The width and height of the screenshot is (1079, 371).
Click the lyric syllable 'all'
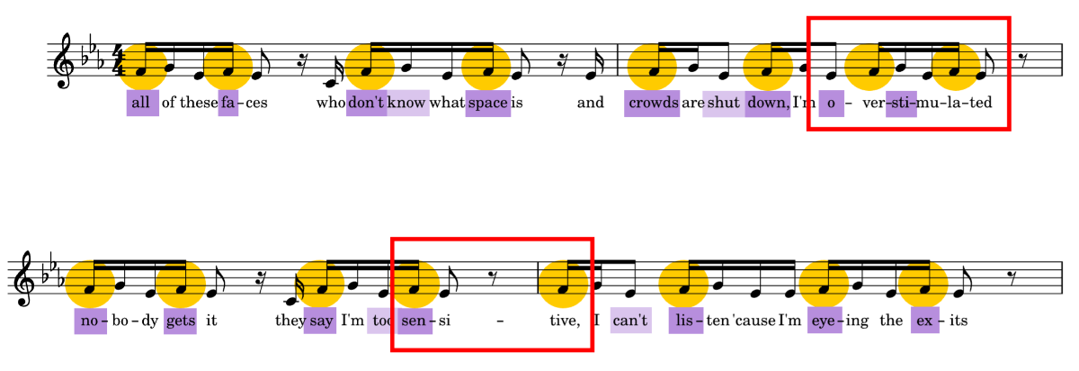(x=142, y=103)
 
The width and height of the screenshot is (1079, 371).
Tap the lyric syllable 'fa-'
(x=228, y=103)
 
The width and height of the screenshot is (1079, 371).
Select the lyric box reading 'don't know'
(x=388, y=103)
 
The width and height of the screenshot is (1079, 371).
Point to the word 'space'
(x=488, y=103)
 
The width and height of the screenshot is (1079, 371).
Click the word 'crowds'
(x=653, y=103)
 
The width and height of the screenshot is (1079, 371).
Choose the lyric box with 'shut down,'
(x=747, y=103)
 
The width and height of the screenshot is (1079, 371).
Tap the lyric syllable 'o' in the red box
(x=831, y=103)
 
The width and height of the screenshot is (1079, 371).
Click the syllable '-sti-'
(x=901, y=103)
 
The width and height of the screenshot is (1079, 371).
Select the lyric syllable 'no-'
(x=91, y=321)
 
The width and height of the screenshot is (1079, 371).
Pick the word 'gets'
(x=180, y=321)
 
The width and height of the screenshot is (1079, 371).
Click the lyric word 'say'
(x=320, y=321)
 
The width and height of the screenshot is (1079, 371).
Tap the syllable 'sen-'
(x=414, y=321)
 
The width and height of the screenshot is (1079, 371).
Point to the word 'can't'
(x=630, y=320)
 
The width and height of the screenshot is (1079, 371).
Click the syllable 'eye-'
(x=825, y=321)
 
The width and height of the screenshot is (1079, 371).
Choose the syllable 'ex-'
(x=924, y=321)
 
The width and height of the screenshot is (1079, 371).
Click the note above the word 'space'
(x=486, y=68)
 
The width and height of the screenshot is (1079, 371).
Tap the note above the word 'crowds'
(x=652, y=68)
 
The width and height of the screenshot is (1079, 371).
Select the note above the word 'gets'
(x=181, y=284)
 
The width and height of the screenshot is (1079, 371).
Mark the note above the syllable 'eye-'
(x=824, y=284)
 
